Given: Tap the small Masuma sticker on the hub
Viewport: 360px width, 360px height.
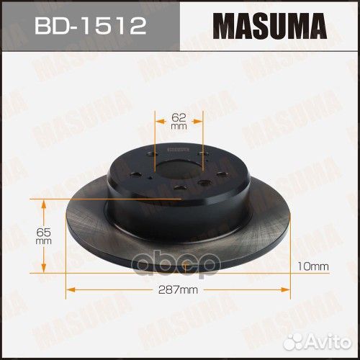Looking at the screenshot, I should pos(176,145).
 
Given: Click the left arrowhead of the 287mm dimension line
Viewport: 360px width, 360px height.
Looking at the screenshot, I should pos(68,290).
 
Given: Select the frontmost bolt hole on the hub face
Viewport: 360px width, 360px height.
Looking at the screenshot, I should pos(179,189).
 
